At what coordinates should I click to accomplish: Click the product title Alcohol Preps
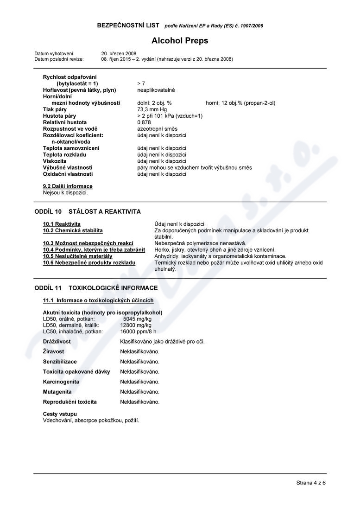[180, 41]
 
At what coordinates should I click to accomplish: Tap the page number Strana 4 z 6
[311, 483]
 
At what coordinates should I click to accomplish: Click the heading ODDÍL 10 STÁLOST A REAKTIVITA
[88, 211]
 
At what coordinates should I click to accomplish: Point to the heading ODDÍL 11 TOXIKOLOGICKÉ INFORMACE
[96, 288]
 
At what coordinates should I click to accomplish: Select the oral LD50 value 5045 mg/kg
[137, 319]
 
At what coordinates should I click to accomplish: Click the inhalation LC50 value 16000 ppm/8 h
[138, 332]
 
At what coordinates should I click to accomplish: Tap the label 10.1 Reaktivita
[62, 224]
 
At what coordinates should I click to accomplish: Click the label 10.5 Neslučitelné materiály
[77, 256]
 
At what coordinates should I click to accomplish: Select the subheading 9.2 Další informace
[68, 186]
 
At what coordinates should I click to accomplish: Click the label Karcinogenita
[61, 382]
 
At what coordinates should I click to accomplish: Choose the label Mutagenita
[57, 392]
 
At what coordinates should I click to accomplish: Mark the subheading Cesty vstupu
[60, 414]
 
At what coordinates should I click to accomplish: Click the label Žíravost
[54, 352]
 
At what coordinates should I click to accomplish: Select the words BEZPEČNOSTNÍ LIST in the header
[128, 25]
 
